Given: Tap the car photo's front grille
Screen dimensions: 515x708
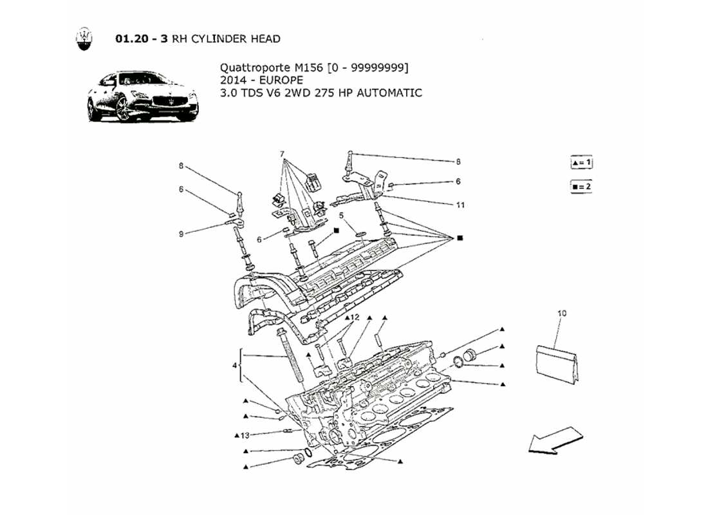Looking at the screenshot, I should (x=173, y=103).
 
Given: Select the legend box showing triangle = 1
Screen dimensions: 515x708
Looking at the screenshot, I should (x=581, y=163).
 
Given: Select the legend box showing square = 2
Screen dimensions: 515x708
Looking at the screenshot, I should (x=581, y=187).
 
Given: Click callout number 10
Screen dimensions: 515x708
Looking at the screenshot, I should (x=562, y=313).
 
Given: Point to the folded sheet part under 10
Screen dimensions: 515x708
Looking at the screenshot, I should (x=557, y=364).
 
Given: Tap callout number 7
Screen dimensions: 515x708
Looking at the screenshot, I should (x=282, y=154).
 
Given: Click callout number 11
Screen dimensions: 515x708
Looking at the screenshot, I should (x=460, y=205).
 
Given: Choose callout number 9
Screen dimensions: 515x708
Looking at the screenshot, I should (x=182, y=234).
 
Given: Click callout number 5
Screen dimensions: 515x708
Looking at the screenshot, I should (x=342, y=215).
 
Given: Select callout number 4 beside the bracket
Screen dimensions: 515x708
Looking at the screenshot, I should (x=235, y=365).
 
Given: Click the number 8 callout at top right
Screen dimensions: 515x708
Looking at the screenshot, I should (x=459, y=162).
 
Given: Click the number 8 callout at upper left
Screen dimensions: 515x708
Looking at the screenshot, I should (x=182, y=165).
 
